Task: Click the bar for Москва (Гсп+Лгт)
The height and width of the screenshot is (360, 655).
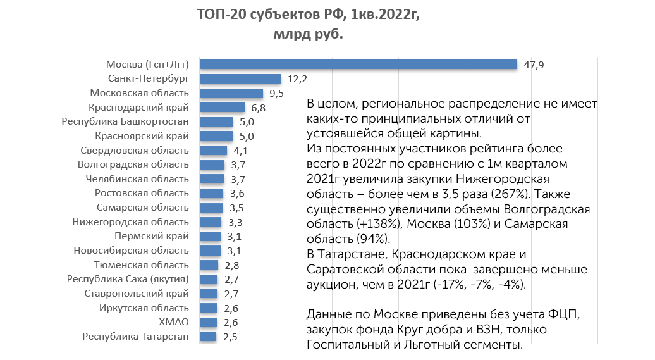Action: (x=358, y=64)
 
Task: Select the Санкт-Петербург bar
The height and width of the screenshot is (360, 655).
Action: (x=240, y=79)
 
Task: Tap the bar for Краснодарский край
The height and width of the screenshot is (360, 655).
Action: (x=223, y=108)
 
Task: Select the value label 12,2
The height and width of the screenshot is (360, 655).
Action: (x=297, y=79)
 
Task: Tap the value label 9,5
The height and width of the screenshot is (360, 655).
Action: (x=276, y=93)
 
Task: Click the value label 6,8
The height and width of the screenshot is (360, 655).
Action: (x=258, y=108)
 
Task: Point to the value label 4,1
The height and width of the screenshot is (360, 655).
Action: (x=240, y=151)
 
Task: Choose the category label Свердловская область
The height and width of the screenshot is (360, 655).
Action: (x=135, y=151)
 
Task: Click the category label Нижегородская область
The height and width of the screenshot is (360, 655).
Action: (x=130, y=222)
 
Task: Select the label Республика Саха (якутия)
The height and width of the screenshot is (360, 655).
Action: (x=128, y=279)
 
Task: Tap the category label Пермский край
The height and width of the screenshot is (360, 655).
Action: (x=151, y=236)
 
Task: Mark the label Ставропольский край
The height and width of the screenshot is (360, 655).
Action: (x=137, y=294)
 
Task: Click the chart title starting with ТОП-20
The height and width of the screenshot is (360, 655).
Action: (x=308, y=13)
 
